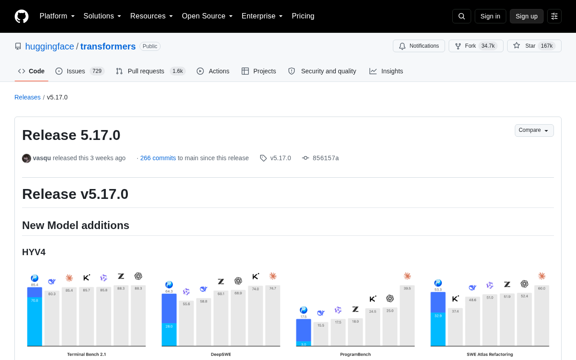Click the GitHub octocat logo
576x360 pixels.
coord(22,16)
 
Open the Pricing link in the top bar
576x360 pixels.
coord(303,16)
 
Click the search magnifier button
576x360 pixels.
coord(462,16)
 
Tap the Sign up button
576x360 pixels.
coord(526,16)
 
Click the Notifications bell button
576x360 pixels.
coord(419,46)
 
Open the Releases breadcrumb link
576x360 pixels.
coord(27,97)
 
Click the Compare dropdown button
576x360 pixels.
coord(534,130)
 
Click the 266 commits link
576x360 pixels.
coord(158,158)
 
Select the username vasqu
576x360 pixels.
coord(42,158)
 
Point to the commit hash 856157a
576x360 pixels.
coord(325,158)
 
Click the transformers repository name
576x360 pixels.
coord(108,46)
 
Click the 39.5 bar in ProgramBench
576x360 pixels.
coord(407,315)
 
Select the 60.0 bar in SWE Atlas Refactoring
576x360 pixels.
coord(541,315)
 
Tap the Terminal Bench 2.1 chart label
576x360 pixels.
coord(86,354)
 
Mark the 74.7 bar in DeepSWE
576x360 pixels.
coord(273,316)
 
